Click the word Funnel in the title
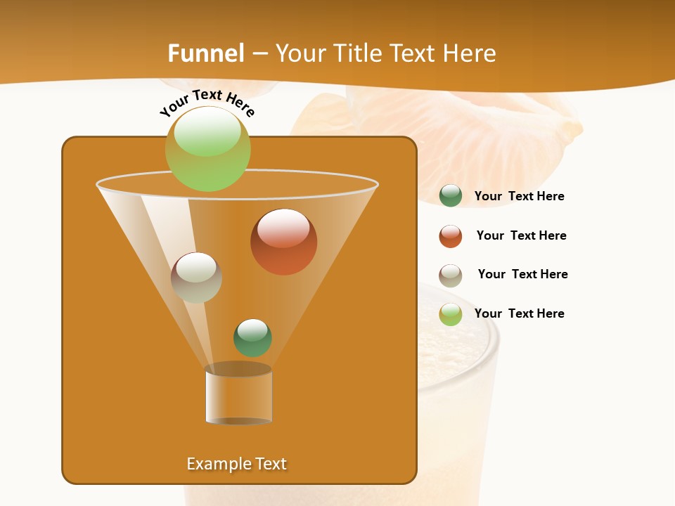click(206, 53)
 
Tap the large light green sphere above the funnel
click(207, 148)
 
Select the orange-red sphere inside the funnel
click(283, 242)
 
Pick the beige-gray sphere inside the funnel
click(196, 278)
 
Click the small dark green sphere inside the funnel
click(252, 337)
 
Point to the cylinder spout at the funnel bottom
click(238, 395)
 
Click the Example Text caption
click(236, 464)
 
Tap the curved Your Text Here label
click(207, 103)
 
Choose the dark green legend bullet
click(451, 195)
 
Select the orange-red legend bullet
click(451, 236)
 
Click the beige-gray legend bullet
click(451, 275)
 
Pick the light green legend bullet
click(451, 314)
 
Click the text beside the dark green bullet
click(519, 196)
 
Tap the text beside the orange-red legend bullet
click(521, 235)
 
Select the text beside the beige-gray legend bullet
click(522, 274)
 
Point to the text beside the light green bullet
click(519, 313)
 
